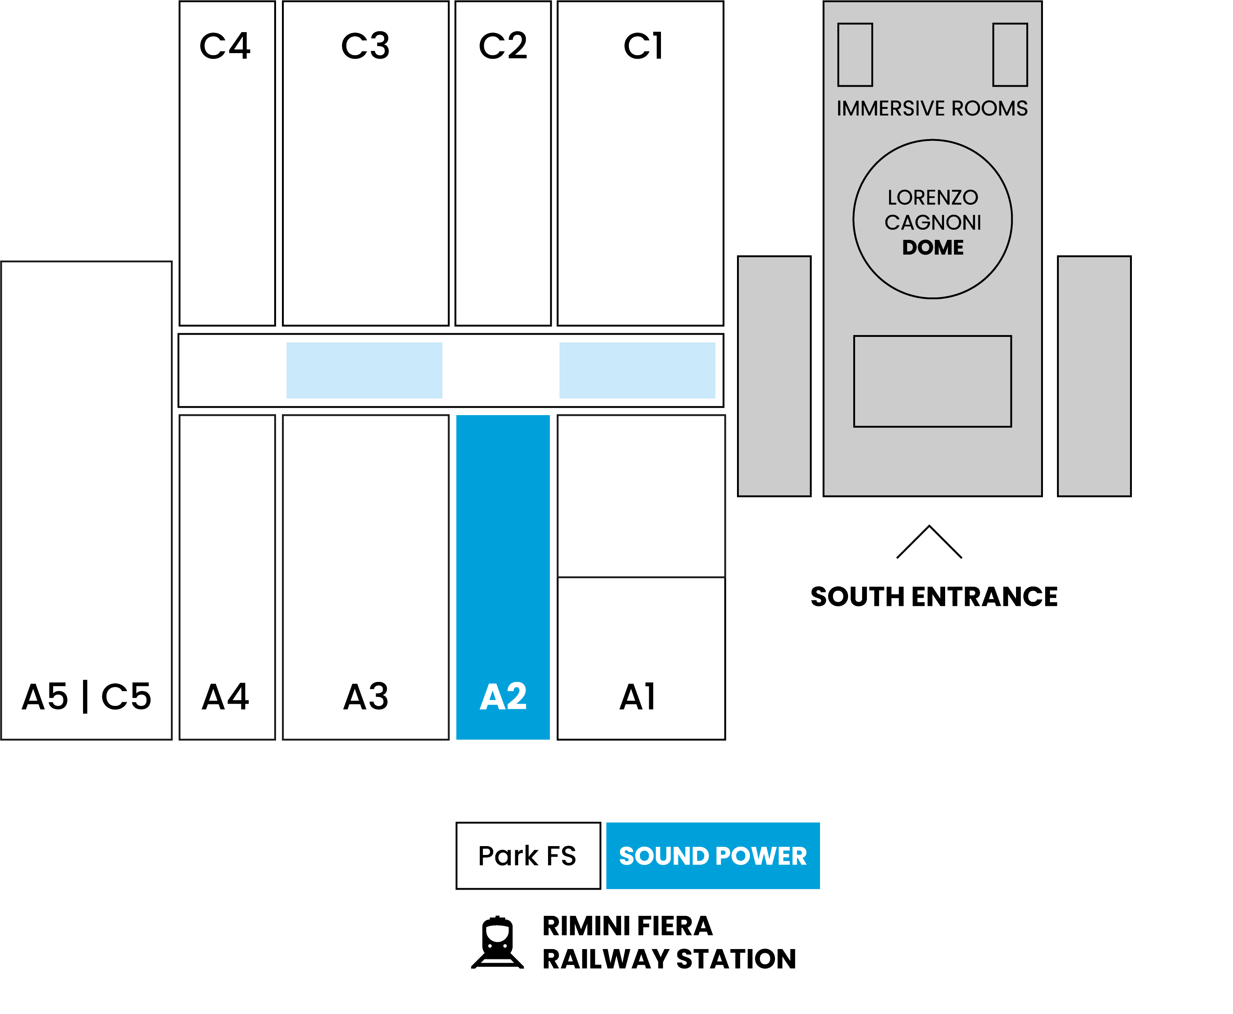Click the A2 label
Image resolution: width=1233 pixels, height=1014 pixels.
(503, 697)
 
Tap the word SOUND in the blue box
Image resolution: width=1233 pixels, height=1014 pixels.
(664, 856)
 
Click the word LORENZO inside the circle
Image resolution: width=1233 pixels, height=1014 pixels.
(933, 197)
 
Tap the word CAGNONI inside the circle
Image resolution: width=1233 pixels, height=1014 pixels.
(933, 223)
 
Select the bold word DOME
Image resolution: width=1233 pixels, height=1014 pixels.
(933, 248)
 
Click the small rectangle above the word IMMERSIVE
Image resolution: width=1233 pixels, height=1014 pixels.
(855, 55)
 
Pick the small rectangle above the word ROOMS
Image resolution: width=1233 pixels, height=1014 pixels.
(1010, 55)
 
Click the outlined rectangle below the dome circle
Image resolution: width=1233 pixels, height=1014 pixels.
(932, 382)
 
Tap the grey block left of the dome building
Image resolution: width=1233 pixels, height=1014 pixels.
(774, 376)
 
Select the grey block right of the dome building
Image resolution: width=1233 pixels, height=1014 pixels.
(1094, 376)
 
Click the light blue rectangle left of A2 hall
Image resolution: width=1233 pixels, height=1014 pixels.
(364, 370)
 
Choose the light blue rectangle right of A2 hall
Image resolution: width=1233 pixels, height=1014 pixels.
(637, 370)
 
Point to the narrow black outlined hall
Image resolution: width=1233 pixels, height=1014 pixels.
(227, 577)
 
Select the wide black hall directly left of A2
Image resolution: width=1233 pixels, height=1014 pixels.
(366, 577)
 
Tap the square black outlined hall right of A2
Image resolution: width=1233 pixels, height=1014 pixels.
(641, 496)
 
